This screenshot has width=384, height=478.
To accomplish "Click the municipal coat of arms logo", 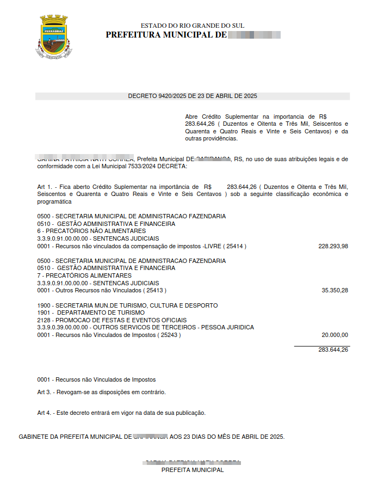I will pyautogui.click(x=54, y=36).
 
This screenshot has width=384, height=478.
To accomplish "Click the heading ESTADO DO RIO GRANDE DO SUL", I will pyautogui.click(x=193, y=26).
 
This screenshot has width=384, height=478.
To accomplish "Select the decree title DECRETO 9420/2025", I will pyautogui.click(x=193, y=96).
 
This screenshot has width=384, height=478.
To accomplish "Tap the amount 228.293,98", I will pyautogui.click(x=333, y=246).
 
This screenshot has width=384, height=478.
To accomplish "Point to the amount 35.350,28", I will pyautogui.click(x=335, y=291).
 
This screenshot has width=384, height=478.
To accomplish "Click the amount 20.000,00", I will pyautogui.click(x=335, y=335).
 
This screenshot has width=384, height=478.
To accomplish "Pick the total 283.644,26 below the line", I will pyautogui.click(x=333, y=350).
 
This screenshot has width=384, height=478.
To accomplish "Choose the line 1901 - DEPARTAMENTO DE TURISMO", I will pyautogui.click(x=91, y=313).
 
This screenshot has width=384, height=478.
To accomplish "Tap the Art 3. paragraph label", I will pyautogui.click(x=45, y=392).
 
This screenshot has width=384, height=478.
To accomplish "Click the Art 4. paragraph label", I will pyautogui.click(x=45, y=413).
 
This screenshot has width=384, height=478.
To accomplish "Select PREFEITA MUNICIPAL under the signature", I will pyautogui.click(x=192, y=470).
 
